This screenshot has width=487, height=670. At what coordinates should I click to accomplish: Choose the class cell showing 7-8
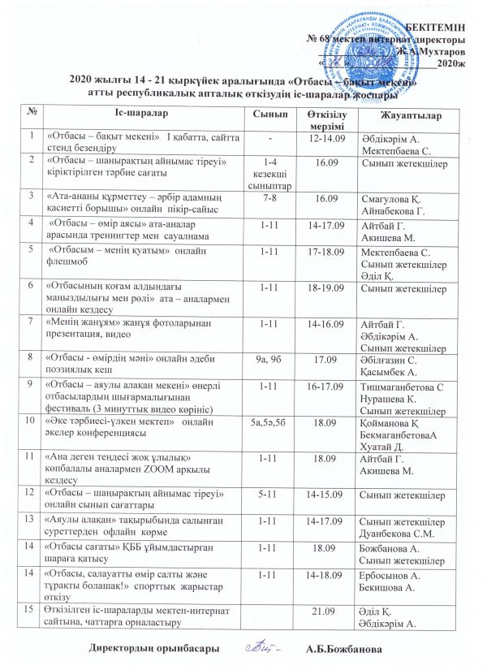pos(267,197)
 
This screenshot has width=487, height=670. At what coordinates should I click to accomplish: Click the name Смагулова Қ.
pos(393,197)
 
